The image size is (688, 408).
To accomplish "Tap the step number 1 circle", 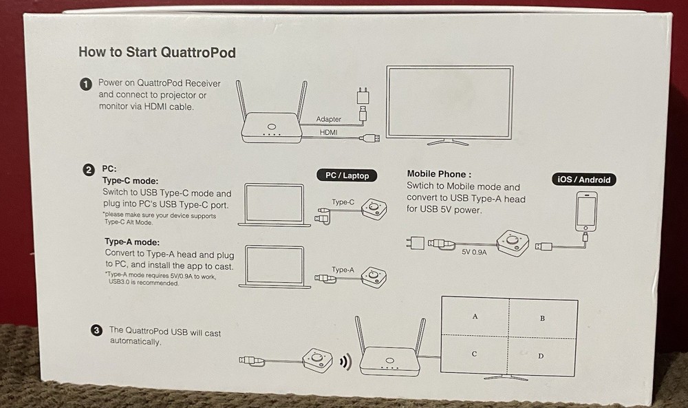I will tap(86, 84).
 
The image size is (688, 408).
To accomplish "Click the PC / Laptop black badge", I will tap(347, 175).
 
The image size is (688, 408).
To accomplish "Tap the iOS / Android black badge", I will tap(583, 180).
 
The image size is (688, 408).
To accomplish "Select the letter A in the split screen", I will tap(475, 316).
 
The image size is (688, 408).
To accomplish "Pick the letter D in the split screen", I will tap(540, 356).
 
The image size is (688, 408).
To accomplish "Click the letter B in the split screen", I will tap(543, 319).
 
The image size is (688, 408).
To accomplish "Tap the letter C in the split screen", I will tap(475, 354).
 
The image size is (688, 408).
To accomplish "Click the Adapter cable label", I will tap(328, 119).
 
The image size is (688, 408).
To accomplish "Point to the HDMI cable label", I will tap(328, 132).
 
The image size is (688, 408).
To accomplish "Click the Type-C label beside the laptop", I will tap(343, 202).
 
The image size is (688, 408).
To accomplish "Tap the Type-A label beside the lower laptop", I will tap(343, 270).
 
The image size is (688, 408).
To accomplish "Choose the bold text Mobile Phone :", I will tap(439, 174).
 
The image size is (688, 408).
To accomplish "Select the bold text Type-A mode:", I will tap(132, 242).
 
